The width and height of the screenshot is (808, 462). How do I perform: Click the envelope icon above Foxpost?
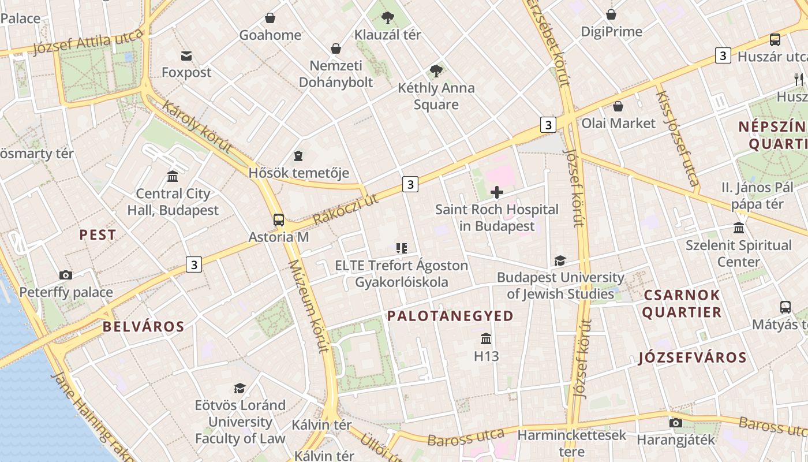click(186, 56)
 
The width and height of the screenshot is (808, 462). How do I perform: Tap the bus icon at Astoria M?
click(279, 220)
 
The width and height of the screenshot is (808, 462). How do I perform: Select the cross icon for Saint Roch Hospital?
click(496, 192)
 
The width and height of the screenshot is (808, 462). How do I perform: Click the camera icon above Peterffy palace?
click(66, 275)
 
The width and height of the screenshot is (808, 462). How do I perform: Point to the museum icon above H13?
click(486, 339)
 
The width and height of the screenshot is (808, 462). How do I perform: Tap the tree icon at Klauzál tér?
click(388, 18)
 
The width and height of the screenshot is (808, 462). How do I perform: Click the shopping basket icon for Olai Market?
click(618, 106)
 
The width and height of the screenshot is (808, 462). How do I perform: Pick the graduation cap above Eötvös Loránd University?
click(240, 388)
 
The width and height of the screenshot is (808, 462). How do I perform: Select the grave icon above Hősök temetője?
click(298, 155)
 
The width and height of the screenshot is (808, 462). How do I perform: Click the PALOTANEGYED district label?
click(450, 316)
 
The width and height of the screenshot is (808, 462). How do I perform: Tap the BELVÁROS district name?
click(144, 327)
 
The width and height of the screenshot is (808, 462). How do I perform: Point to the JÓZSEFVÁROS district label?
click(693, 357)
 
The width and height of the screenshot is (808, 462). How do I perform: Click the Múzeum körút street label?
click(308, 306)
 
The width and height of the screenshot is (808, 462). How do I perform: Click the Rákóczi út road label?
click(345, 210)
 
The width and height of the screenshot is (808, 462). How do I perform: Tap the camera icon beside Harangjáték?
click(675, 423)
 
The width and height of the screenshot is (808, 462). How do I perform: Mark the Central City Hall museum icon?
click(172, 177)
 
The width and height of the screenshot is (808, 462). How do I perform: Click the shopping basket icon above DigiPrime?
click(611, 14)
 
